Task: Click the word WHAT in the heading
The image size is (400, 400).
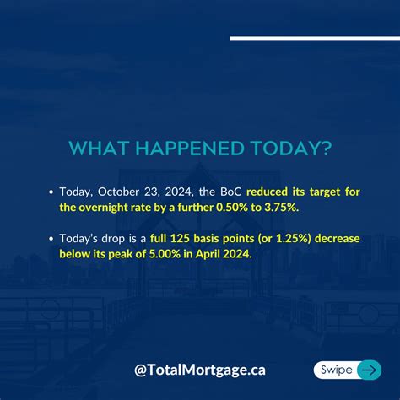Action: [x=96, y=149]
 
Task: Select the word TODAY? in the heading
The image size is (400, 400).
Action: [x=289, y=149]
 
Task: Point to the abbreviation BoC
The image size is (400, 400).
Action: [x=229, y=192]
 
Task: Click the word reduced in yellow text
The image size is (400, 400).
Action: [x=269, y=192]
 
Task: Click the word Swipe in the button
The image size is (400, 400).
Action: [x=336, y=370]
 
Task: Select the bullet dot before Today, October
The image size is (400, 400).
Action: [x=51, y=192]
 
